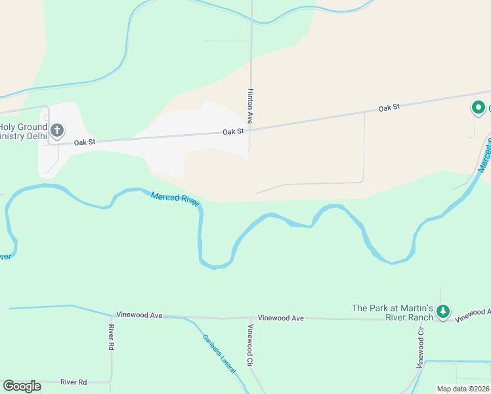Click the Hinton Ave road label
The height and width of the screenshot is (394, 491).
(250, 106)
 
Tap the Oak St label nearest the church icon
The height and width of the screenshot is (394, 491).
(85, 142)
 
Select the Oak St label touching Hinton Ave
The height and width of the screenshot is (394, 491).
(233, 131)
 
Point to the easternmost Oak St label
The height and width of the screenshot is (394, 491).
(389, 107)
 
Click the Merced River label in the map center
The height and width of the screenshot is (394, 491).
(175, 198)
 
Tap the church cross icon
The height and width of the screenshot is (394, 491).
(57, 131)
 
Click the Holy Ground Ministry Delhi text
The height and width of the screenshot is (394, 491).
(23, 131)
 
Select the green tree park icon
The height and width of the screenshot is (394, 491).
(444, 311)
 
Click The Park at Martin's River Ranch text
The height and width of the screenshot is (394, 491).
(393, 313)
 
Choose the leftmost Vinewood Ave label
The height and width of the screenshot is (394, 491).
(139, 315)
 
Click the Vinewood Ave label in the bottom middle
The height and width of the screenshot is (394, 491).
(280, 318)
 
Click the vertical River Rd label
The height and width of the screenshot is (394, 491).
(112, 337)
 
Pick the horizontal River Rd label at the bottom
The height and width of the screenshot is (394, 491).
(74, 382)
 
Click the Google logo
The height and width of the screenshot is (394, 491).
(22, 386)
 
